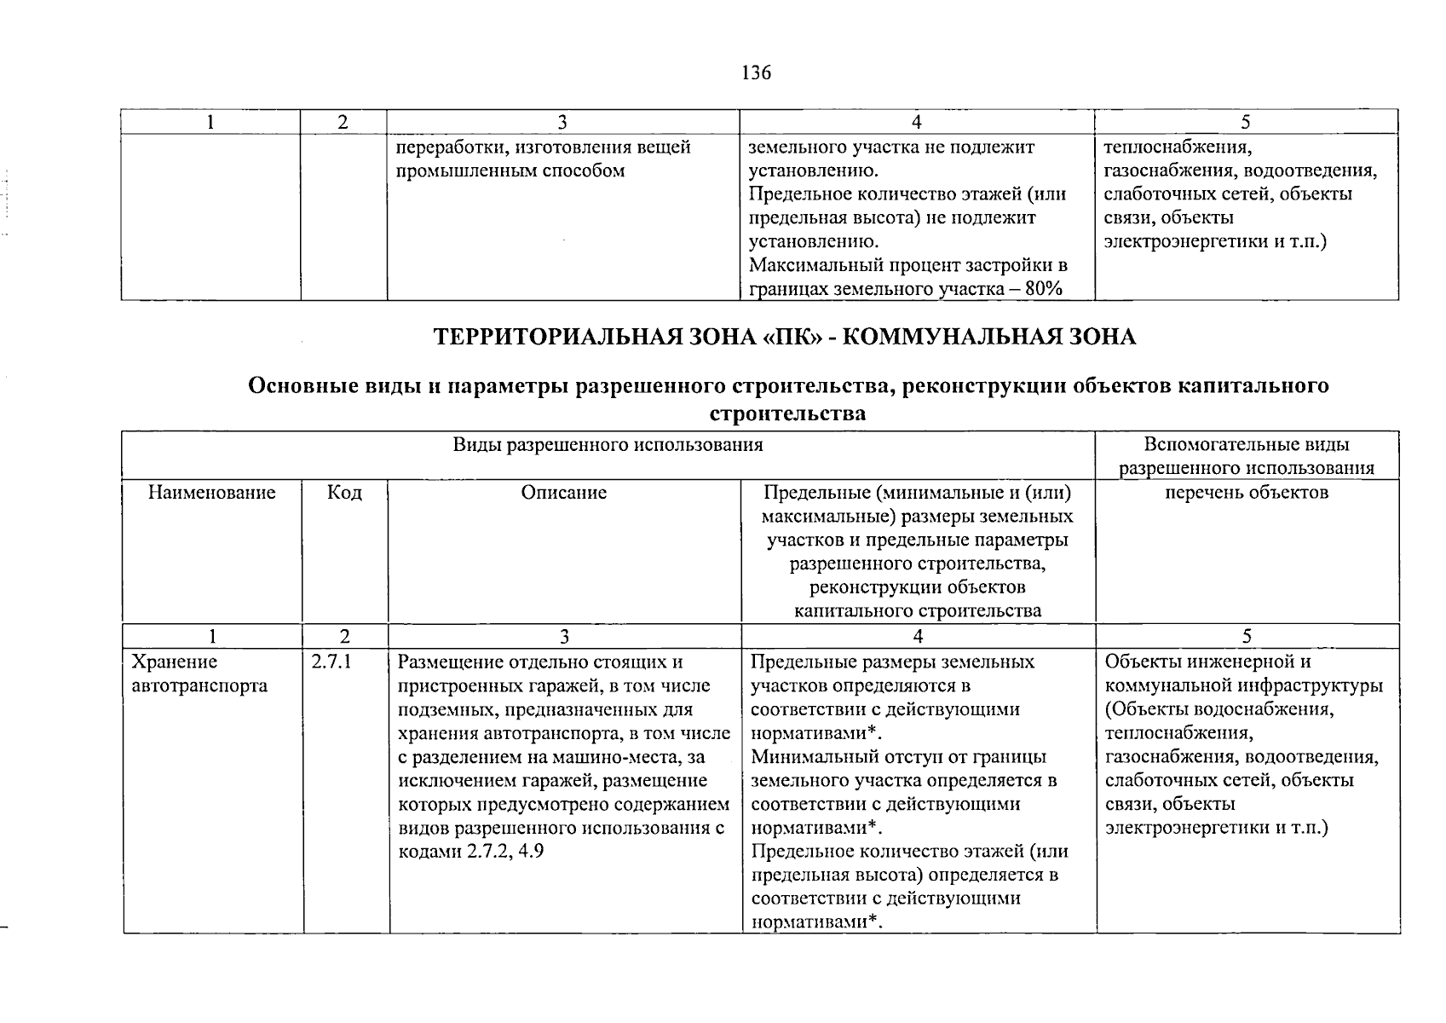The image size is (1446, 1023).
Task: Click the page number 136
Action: click(756, 73)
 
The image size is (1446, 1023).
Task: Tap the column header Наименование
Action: click(212, 493)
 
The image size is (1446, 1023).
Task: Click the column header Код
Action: click(344, 493)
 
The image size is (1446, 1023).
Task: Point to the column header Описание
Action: click(564, 493)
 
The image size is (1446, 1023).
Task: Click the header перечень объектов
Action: click(1247, 493)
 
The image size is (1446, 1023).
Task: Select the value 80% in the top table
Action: click(1044, 289)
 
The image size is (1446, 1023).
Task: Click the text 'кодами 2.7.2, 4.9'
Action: click(471, 852)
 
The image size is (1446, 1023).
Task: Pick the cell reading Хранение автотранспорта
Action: click(199, 673)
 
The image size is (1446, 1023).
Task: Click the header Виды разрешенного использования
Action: click(608, 445)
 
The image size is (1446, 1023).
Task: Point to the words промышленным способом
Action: click(511, 170)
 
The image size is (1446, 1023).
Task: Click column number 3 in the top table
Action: click(562, 123)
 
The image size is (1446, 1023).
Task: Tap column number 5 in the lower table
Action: click(1247, 637)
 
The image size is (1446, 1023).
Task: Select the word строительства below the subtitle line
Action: click(787, 414)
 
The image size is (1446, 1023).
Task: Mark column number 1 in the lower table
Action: click(212, 637)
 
